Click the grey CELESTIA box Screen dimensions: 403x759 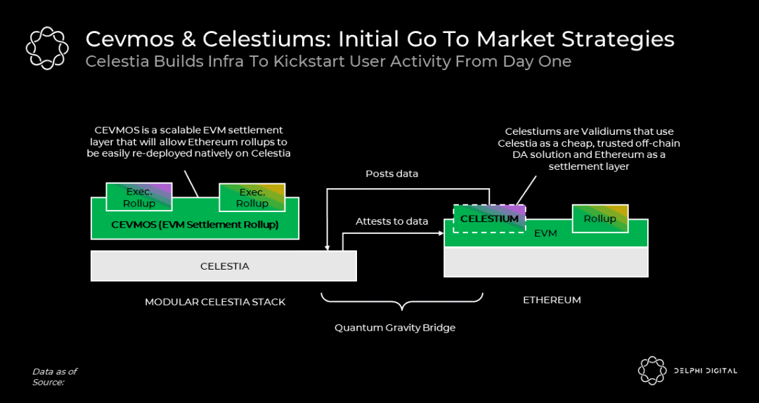click(224, 266)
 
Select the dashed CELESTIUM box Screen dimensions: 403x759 click(489, 218)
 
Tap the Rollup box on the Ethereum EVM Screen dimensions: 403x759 click(599, 218)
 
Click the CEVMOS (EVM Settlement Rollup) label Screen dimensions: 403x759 click(195, 225)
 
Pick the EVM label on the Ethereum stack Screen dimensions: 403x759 click(545, 233)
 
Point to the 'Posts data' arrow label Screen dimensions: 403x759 click(392, 173)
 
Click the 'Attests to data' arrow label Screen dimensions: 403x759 click(391, 221)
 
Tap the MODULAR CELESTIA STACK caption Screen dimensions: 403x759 click(215, 302)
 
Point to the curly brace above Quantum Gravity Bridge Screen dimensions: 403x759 click(402, 303)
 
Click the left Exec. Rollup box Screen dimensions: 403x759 click(139, 197)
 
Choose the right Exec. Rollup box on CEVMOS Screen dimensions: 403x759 click(252, 197)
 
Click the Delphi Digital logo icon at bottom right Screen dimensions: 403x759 click(652, 371)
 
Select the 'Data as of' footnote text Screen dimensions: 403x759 click(55, 371)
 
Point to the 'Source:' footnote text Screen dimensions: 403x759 click(48, 382)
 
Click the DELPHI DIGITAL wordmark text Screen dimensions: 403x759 click(705, 371)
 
